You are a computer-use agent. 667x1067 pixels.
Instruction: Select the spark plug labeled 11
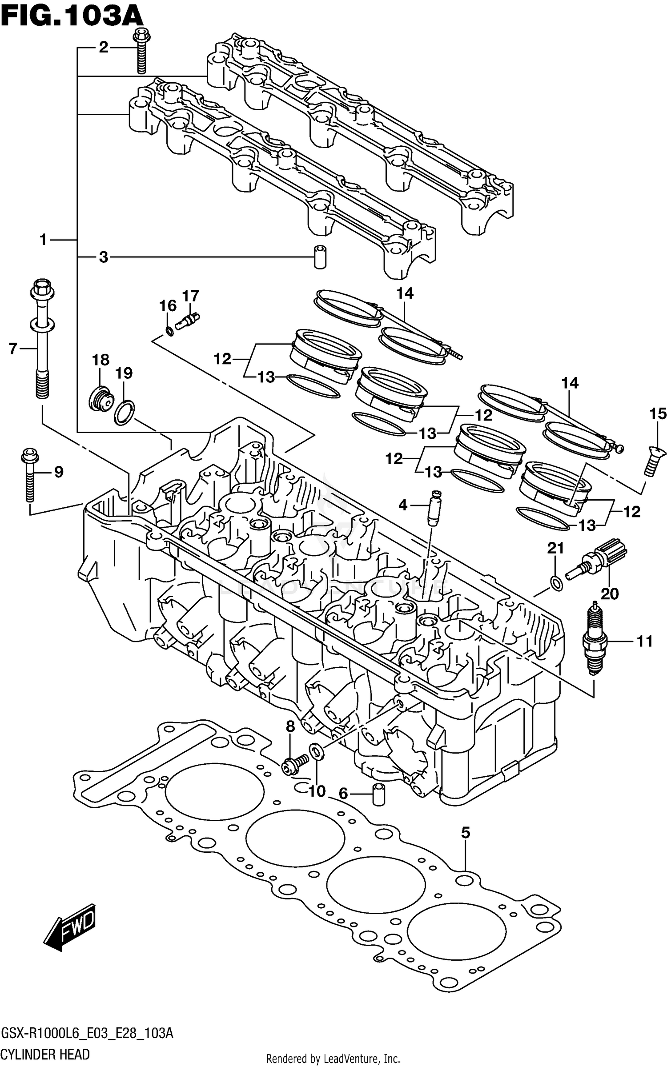tap(595, 640)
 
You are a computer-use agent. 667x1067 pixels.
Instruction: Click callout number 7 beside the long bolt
tap(13, 349)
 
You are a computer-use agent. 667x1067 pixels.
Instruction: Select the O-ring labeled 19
tap(125, 412)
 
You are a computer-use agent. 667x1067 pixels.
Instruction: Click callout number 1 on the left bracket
tap(43, 240)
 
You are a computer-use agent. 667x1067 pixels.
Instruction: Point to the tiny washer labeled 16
tap(169, 331)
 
